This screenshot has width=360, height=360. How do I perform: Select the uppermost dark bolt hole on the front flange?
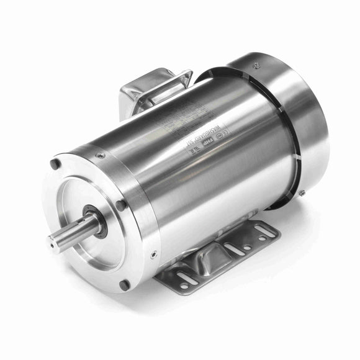click(56, 164)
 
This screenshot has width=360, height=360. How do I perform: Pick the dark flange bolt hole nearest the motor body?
click(121, 205)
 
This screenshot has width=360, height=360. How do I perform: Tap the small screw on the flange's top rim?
click(100, 155)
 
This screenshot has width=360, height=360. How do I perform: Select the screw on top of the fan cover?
click(256, 64)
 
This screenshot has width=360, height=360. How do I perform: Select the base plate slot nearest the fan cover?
click(268, 233)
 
